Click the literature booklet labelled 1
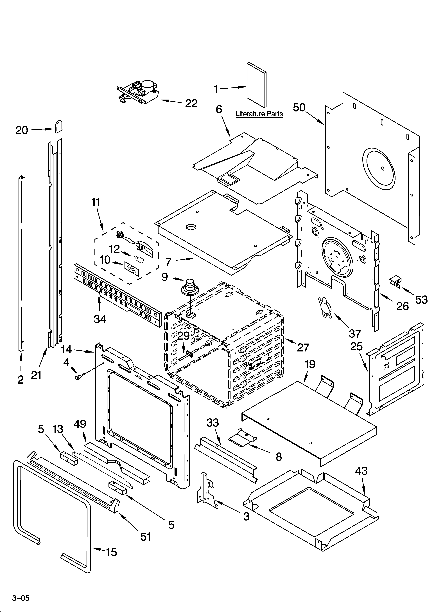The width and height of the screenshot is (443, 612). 256,85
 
